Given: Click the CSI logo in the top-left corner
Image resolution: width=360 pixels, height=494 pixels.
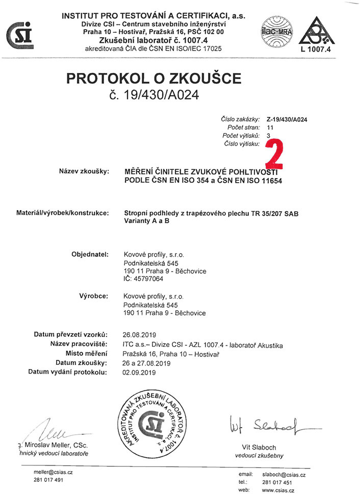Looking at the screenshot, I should tap(19, 35).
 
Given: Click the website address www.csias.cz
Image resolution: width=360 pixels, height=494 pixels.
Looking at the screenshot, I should tap(278, 490).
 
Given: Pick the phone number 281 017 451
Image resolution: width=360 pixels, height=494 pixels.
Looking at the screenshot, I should tap(277, 482).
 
